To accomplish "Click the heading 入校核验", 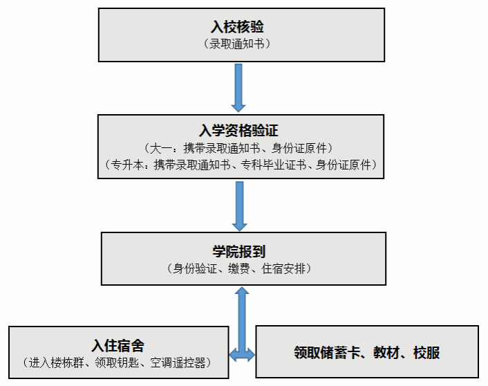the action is point(238,27).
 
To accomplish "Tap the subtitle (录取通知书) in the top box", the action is point(237,44).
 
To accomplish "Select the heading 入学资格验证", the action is point(238,130).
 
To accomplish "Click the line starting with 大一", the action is point(238,148).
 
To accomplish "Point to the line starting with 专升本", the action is point(241,165).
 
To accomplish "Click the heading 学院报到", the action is point(238,251).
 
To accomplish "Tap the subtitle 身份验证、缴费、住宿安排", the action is point(239,268).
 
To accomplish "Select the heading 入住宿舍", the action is point(118,345).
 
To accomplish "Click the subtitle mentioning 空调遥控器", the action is point(117,362).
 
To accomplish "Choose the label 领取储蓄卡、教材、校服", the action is point(367,353).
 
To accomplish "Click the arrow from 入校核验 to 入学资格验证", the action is point(238,88).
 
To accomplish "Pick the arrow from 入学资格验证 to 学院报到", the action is point(240,206).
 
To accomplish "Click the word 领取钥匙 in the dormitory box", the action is point(117,362).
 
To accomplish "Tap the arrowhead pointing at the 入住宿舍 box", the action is point(233,355).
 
